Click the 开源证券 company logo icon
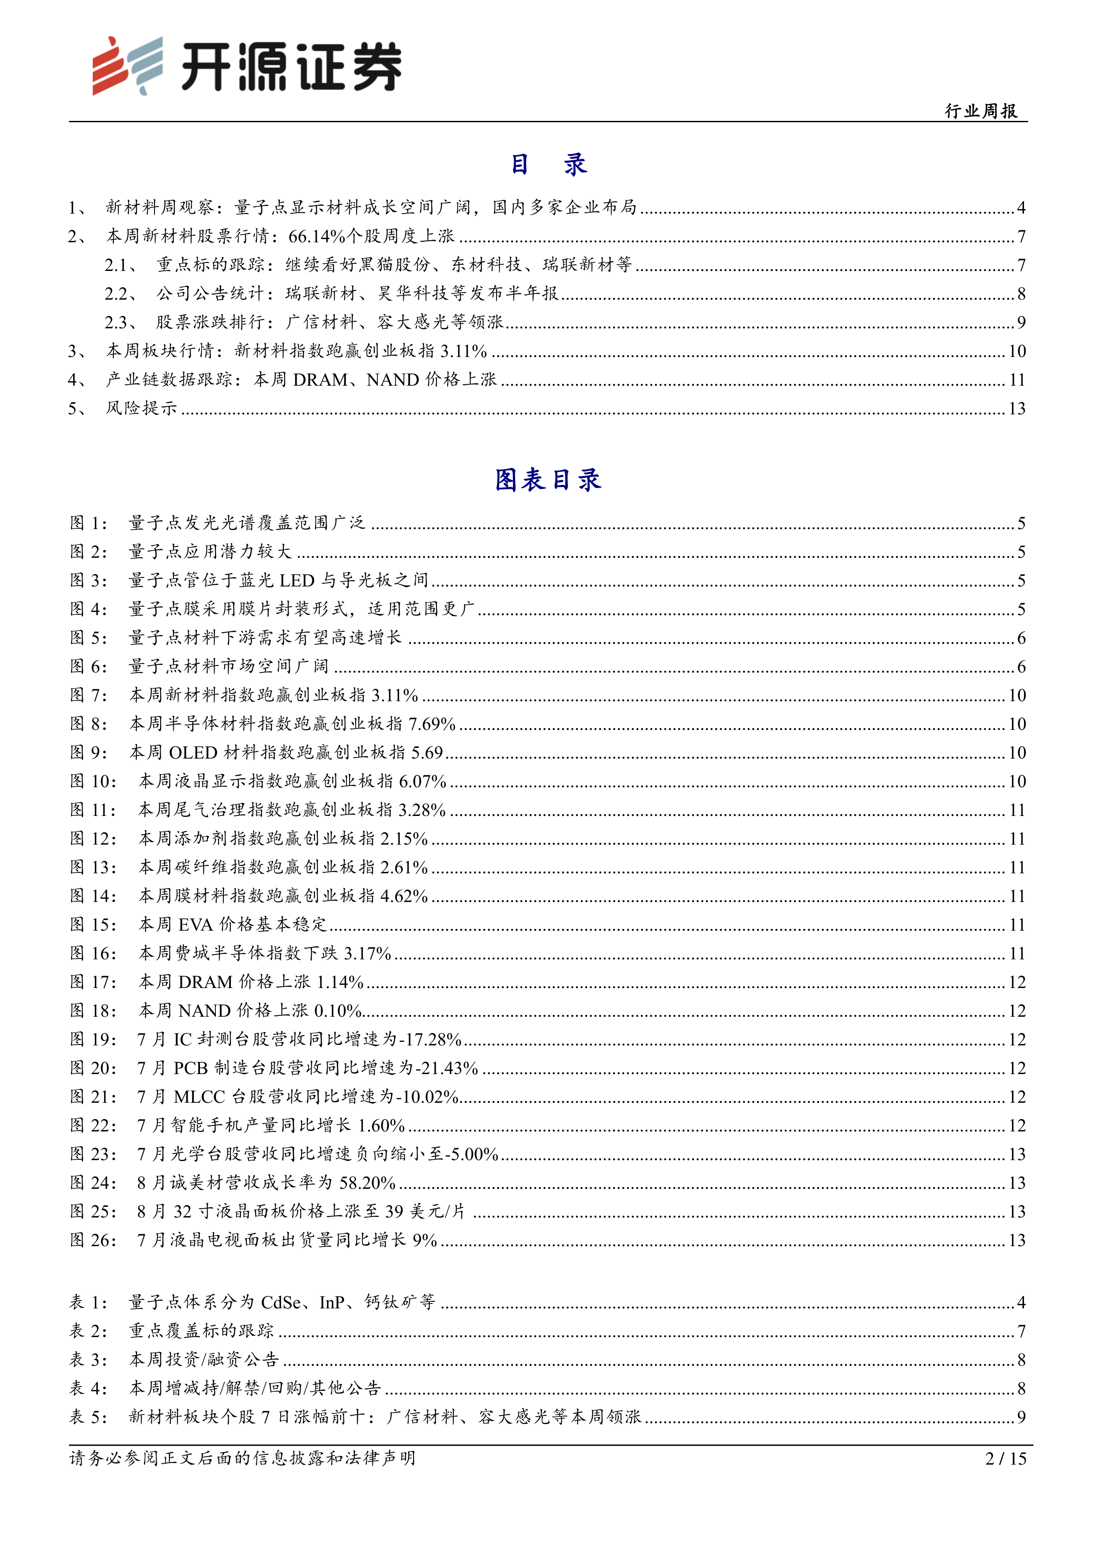tap(128, 65)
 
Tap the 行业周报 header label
tap(981, 111)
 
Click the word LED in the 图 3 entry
tap(297, 581)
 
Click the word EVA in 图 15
tap(196, 924)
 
